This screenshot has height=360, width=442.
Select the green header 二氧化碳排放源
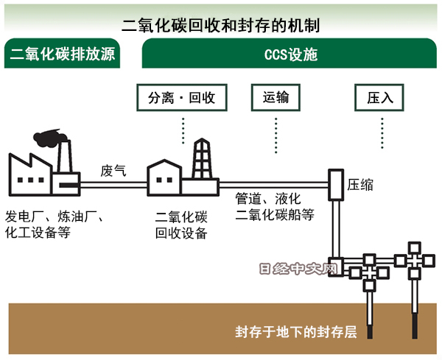(62, 55)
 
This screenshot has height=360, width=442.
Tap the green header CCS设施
(290, 55)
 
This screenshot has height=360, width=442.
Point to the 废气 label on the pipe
(113, 171)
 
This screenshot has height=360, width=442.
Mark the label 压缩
(360, 184)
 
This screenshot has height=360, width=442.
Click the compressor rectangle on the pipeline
(336, 183)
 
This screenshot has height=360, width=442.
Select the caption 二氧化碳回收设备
(181, 225)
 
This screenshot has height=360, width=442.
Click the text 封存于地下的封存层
(295, 331)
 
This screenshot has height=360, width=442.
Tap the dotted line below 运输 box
(276, 133)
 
